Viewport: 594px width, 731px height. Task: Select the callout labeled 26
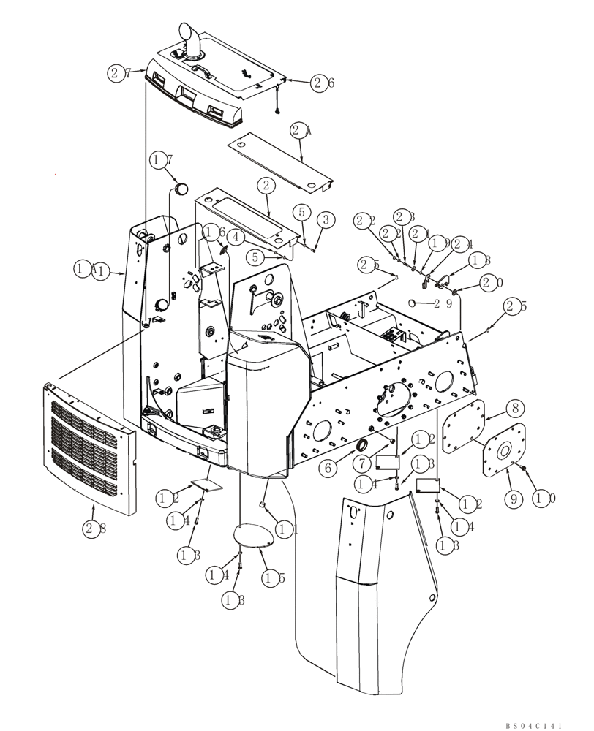click(322, 83)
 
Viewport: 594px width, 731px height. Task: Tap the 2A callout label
click(301, 132)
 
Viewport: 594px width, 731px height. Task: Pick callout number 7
click(366, 463)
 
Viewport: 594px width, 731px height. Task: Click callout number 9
click(514, 499)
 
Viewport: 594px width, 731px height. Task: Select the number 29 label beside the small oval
click(442, 303)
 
